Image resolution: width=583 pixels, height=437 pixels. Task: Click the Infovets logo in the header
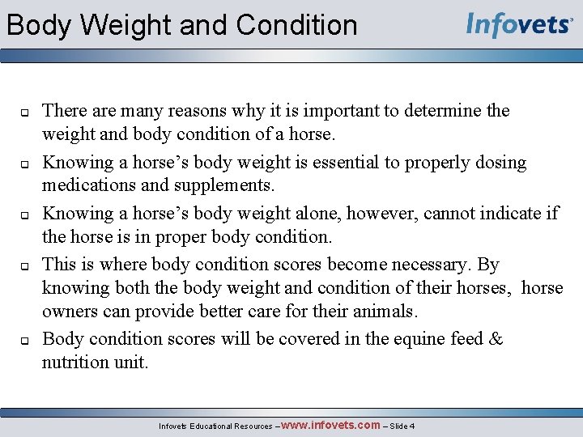(519, 24)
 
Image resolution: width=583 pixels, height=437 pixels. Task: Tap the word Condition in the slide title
(296, 25)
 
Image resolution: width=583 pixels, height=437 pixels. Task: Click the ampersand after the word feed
(496, 339)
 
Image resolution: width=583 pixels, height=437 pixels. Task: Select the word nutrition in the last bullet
(77, 362)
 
